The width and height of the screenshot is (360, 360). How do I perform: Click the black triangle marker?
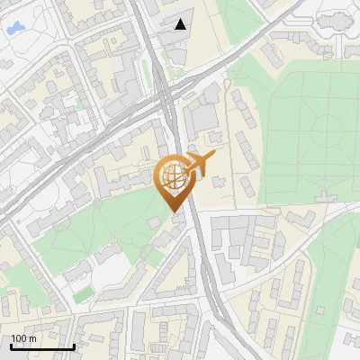pyautogui.click(x=181, y=24)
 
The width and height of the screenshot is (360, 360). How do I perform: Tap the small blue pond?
pyautogui.click(x=14, y=30)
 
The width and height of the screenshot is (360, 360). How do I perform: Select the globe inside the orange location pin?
pyautogui.click(x=173, y=176)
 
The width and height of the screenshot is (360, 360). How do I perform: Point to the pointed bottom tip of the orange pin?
pyautogui.click(x=174, y=211)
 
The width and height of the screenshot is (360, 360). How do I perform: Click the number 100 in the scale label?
pyautogui.click(x=20, y=338)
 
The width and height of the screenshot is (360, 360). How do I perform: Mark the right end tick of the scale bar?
pyautogui.click(x=74, y=345)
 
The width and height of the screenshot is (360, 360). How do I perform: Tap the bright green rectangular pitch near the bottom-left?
pyautogui.click(x=84, y=294)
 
